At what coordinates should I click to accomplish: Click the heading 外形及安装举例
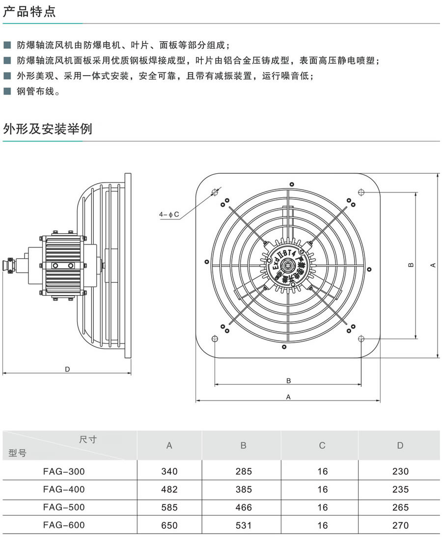(x=47, y=129)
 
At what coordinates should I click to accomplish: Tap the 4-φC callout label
(x=168, y=215)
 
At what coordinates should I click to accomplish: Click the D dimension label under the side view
(x=67, y=369)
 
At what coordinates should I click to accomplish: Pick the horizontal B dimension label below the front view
(x=288, y=380)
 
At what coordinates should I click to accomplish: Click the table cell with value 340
(x=169, y=471)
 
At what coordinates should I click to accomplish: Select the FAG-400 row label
(x=64, y=489)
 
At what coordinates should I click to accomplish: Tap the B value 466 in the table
(x=243, y=507)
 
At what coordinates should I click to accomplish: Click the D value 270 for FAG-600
(x=400, y=525)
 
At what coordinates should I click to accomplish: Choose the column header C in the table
(x=322, y=446)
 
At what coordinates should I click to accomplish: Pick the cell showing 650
(x=169, y=525)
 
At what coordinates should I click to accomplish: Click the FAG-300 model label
(x=64, y=471)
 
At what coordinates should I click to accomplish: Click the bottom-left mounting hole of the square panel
(x=214, y=339)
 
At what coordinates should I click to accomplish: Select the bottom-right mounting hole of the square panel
(x=361, y=339)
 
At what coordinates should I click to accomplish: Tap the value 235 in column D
(x=400, y=489)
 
